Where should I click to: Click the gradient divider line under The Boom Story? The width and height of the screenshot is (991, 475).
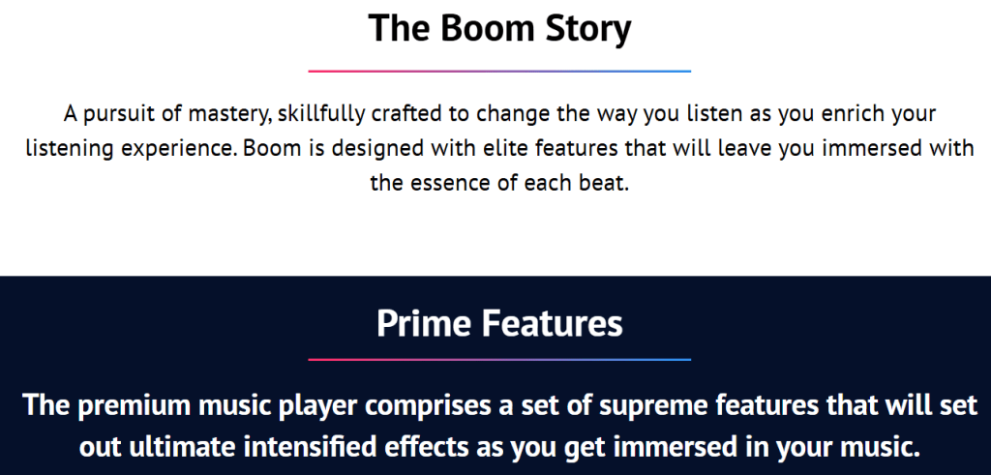[499, 72]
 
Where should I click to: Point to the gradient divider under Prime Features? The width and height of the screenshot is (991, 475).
[499, 360]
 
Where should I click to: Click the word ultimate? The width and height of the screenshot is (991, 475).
[185, 447]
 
